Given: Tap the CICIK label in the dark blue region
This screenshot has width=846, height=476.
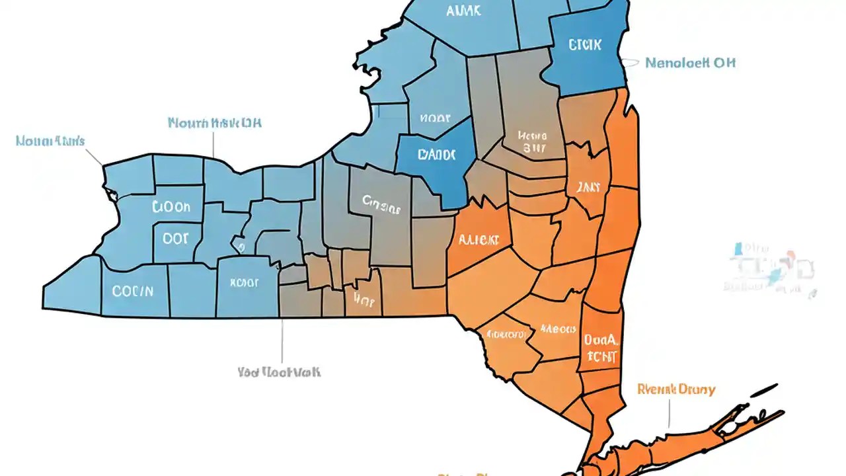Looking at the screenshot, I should pyautogui.click(x=585, y=45).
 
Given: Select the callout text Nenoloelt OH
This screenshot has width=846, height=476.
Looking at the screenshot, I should pyautogui.click(x=690, y=63).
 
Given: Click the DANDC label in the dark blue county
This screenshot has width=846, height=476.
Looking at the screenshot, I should pyautogui.click(x=436, y=155).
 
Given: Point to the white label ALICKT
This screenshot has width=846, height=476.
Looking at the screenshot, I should pyautogui.click(x=479, y=240).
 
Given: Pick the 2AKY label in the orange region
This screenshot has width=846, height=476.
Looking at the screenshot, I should pyautogui.click(x=588, y=188).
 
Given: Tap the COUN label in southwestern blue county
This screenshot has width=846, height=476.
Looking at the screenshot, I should pyautogui.click(x=132, y=290).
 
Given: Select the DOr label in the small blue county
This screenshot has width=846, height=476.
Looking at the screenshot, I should pyautogui.click(x=175, y=239).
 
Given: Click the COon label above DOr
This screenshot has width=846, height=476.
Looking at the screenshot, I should pyautogui.click(x=171, y=208).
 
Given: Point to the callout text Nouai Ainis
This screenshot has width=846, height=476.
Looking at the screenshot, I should pyautogui.click(x=50, y=141).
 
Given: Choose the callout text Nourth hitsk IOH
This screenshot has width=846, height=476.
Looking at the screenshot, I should pyautogui.click(x=214, y=123).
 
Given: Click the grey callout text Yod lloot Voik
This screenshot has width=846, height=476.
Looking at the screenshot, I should pyautogui.click(x=279, y=372).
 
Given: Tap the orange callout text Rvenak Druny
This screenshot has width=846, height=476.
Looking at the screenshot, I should pyautogui.click(x=676, y=389).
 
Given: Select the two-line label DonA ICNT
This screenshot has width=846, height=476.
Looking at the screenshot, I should pyautogui.click(x=601, y=348).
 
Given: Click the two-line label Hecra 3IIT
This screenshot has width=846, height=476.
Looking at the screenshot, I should pyautogui.click(x=533, y=141).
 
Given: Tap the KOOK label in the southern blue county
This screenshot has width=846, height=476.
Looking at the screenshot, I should pyautogui.click(x=244, y=282).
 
